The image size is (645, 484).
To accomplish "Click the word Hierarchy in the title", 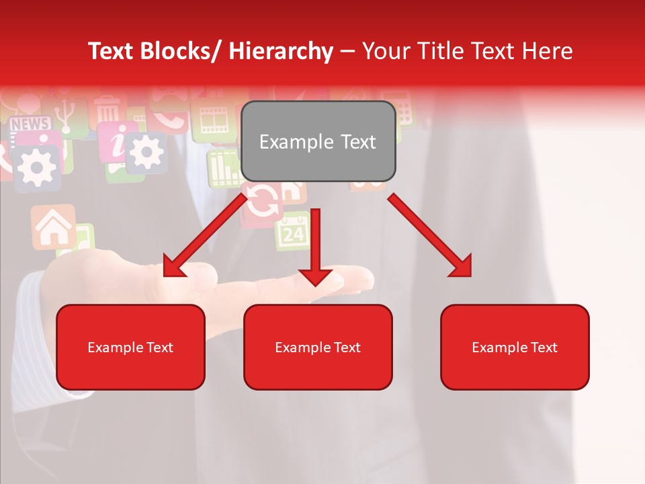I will click(281, 51).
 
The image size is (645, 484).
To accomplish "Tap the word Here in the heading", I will click(547, 51).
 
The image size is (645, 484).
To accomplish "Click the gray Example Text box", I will click(318, 141).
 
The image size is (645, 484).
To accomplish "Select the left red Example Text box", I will click(130, 347).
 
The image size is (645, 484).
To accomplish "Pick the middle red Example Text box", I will click(318, 347).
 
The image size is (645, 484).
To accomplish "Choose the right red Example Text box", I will click(515, 347).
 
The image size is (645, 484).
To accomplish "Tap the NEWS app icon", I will click(30, 124).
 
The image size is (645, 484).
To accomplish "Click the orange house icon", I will click(53, 227).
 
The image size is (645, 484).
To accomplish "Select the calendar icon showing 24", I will click(293, 232).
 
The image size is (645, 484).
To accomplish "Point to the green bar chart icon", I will click(221, 167).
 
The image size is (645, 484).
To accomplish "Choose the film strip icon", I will click(214, 120).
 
